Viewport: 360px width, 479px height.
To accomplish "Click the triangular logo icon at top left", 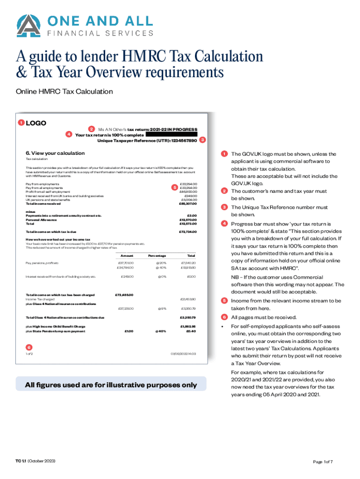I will [x=28, y=26].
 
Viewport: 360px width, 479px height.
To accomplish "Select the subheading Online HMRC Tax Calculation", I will [x=65, y=92].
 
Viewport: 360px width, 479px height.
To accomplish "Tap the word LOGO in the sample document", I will [x=36, y=123].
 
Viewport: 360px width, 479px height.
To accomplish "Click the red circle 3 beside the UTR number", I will [x=202, y=140].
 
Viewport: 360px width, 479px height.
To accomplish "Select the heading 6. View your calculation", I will [x=55, y=153].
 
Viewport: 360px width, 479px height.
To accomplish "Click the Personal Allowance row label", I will [x=39, y=219].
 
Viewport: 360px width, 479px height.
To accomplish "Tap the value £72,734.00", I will [x=188, y=232].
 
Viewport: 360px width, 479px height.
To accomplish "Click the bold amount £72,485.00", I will [x=124, y=295].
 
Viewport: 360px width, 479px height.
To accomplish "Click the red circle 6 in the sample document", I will [x=29, y=347].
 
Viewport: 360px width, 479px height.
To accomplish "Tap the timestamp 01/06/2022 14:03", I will [x=183, y=354].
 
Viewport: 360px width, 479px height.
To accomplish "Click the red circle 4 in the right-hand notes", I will [x=225, y=224].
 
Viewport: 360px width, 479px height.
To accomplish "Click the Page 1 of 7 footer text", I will [x=323, y=462].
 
